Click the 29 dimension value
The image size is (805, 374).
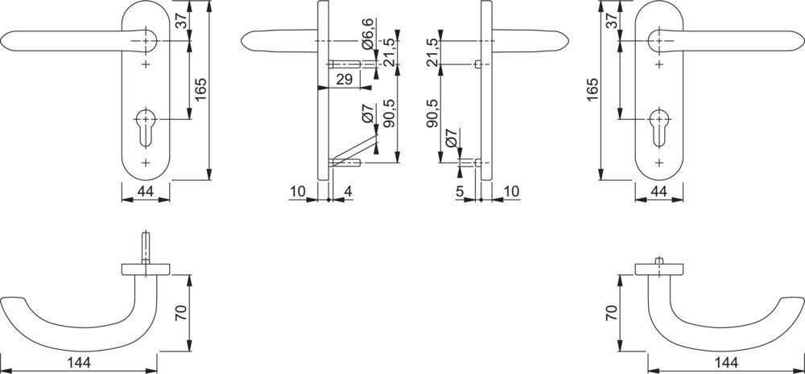[x=345, y=79]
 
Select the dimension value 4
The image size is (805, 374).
[x=348, y=191]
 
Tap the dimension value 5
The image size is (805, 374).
[x=460, y=191]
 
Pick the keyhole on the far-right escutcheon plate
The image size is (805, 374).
[x=659, y=127]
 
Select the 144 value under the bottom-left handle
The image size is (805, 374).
[x=79, y=363]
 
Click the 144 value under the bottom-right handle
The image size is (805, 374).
[x=726, y=363]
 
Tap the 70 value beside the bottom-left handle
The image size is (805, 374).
[x=182, y=312]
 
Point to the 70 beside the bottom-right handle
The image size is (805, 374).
[x=611, y=312]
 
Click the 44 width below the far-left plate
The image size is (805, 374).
[x=146, y=191]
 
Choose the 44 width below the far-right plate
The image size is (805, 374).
[x=659, y=191]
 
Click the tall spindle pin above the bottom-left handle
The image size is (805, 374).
[x=147, y=249]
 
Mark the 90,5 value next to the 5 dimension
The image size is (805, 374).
[x=434, y=113]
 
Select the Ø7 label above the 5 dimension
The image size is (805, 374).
[x=452, y=138]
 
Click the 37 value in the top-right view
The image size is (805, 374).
[x=612, y=21]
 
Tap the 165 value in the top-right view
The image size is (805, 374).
[x=593, y=89]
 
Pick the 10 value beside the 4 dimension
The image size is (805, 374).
[x=298, y=191]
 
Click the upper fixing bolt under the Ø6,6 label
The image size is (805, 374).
[x=345, y=64]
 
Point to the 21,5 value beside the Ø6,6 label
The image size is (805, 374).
[x=389, y=51]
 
